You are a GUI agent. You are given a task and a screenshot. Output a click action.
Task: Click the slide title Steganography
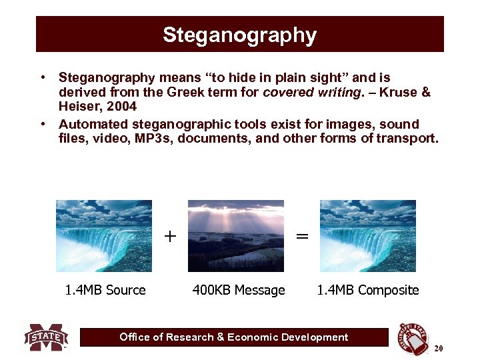239,35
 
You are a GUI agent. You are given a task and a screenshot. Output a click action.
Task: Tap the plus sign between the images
170,236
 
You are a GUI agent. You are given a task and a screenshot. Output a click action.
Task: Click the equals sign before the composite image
302,236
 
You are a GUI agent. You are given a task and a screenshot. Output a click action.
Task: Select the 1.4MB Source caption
105,290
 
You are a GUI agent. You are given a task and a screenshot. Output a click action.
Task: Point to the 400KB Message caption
239,290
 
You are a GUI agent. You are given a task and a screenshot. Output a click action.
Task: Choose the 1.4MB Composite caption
368,290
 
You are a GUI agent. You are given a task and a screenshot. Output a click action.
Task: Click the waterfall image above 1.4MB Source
104,236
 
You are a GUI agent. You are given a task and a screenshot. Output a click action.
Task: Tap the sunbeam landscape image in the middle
236,236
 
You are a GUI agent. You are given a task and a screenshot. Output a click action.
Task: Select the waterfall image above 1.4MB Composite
368,236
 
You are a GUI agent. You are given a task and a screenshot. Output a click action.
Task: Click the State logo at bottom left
46,337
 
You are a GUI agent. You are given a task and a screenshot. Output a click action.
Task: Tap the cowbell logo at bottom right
413,339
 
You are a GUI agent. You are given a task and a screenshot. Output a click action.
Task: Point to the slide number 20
438,349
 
